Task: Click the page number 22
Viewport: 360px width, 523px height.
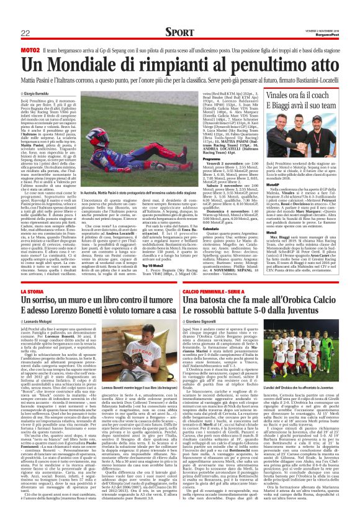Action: pos(25,32)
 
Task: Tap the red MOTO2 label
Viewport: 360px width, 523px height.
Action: pos(31,48)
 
